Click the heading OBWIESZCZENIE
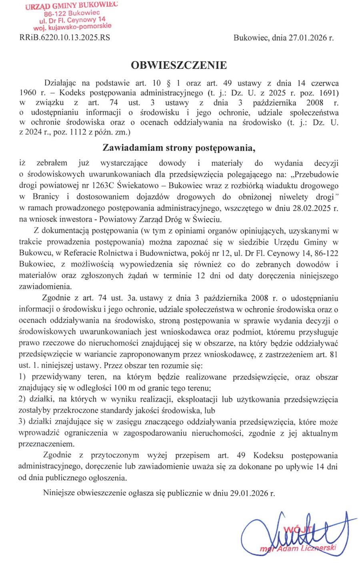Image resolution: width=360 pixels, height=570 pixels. tap(179, 65)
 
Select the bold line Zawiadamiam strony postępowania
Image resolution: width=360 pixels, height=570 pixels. tap(179, 148)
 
